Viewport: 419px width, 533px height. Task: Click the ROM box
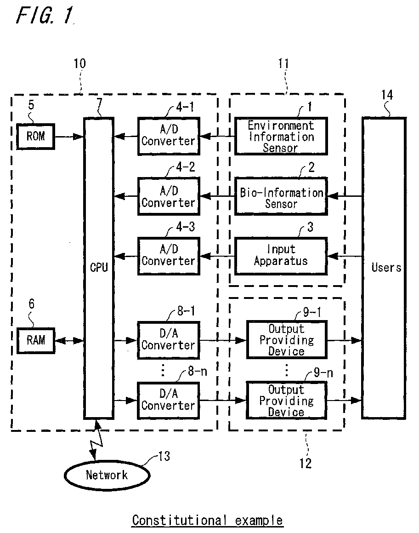(36, 137)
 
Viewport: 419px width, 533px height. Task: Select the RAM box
(36, 340)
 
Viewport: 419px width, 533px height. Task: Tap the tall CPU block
(98, 268)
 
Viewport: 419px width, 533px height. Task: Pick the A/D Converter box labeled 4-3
(168, 255)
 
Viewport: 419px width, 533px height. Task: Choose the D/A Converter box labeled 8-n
(168, 400)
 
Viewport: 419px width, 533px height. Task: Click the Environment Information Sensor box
(281, 137)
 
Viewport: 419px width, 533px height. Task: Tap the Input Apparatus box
(281, 255)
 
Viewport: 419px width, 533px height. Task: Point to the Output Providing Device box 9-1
(287, 340)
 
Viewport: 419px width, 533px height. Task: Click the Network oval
(107, 475)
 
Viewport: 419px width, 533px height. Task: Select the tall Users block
(384, 268)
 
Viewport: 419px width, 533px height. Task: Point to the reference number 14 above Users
(387, 95)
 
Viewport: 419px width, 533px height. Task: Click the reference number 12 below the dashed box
(305, 464)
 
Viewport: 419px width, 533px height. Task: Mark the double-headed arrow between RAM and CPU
(69, 341)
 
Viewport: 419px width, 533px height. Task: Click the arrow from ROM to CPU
(69, 137)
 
